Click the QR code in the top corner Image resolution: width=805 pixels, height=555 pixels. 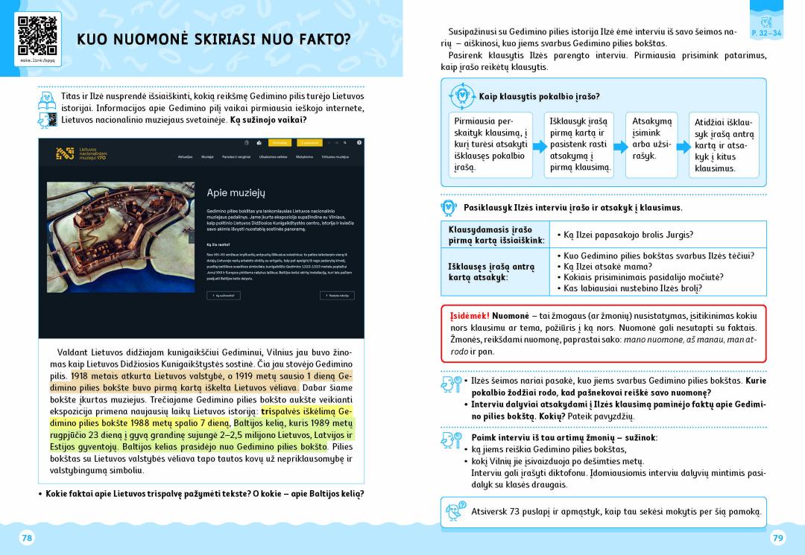tap(37, 34)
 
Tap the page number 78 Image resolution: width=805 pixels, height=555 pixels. tap(27, 538)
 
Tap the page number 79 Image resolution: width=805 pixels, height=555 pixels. tap(777, 538)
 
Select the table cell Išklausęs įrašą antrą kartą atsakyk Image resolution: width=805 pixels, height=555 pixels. tap(495, 272)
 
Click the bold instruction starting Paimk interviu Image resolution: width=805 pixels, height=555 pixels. tap(563, 437)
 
